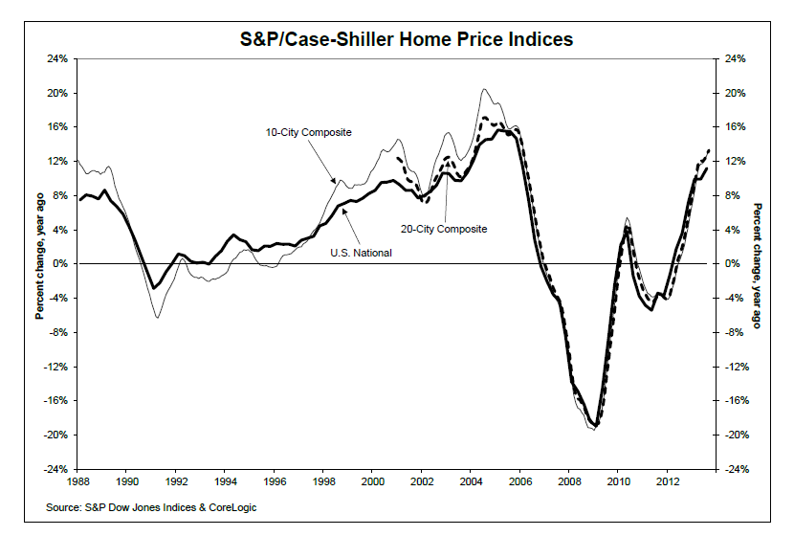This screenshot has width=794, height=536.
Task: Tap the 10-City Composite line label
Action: pos(310,131)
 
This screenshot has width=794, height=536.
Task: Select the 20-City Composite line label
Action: pos(444,229)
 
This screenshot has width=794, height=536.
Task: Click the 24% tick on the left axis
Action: pos(56,59)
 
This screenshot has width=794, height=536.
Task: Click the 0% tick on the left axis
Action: pos(59,264)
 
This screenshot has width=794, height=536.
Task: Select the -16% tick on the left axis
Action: pos(55,401)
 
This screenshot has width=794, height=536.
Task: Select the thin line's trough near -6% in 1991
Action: pos(157,317)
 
